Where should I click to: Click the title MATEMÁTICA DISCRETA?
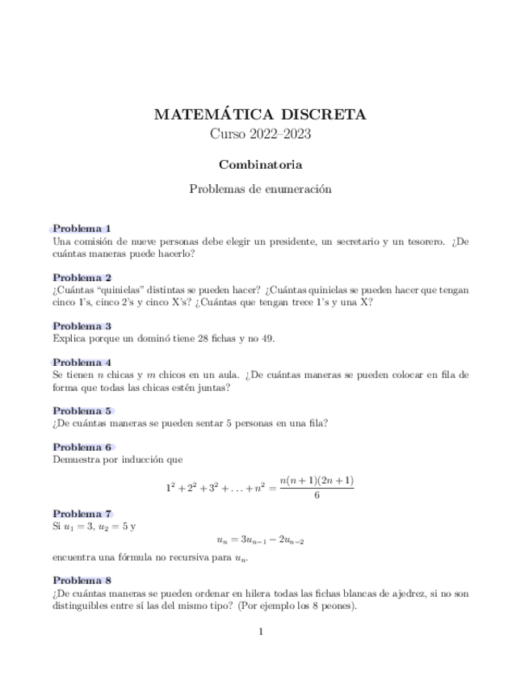[260, 115]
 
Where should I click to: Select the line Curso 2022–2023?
[260, 134]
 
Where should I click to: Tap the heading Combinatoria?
[260, 165]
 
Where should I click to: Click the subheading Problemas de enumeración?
[260, 190]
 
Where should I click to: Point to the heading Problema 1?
[82, 229]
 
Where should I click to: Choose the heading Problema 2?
[82, 277]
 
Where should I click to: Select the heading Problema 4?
[82, 363]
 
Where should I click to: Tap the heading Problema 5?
[82, 410]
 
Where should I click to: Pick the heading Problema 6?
[82, 447]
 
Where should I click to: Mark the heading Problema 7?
[82, 514]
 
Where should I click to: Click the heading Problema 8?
[82, 580]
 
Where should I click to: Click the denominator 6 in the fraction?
[317, 496]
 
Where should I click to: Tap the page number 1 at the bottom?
[261, 632]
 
